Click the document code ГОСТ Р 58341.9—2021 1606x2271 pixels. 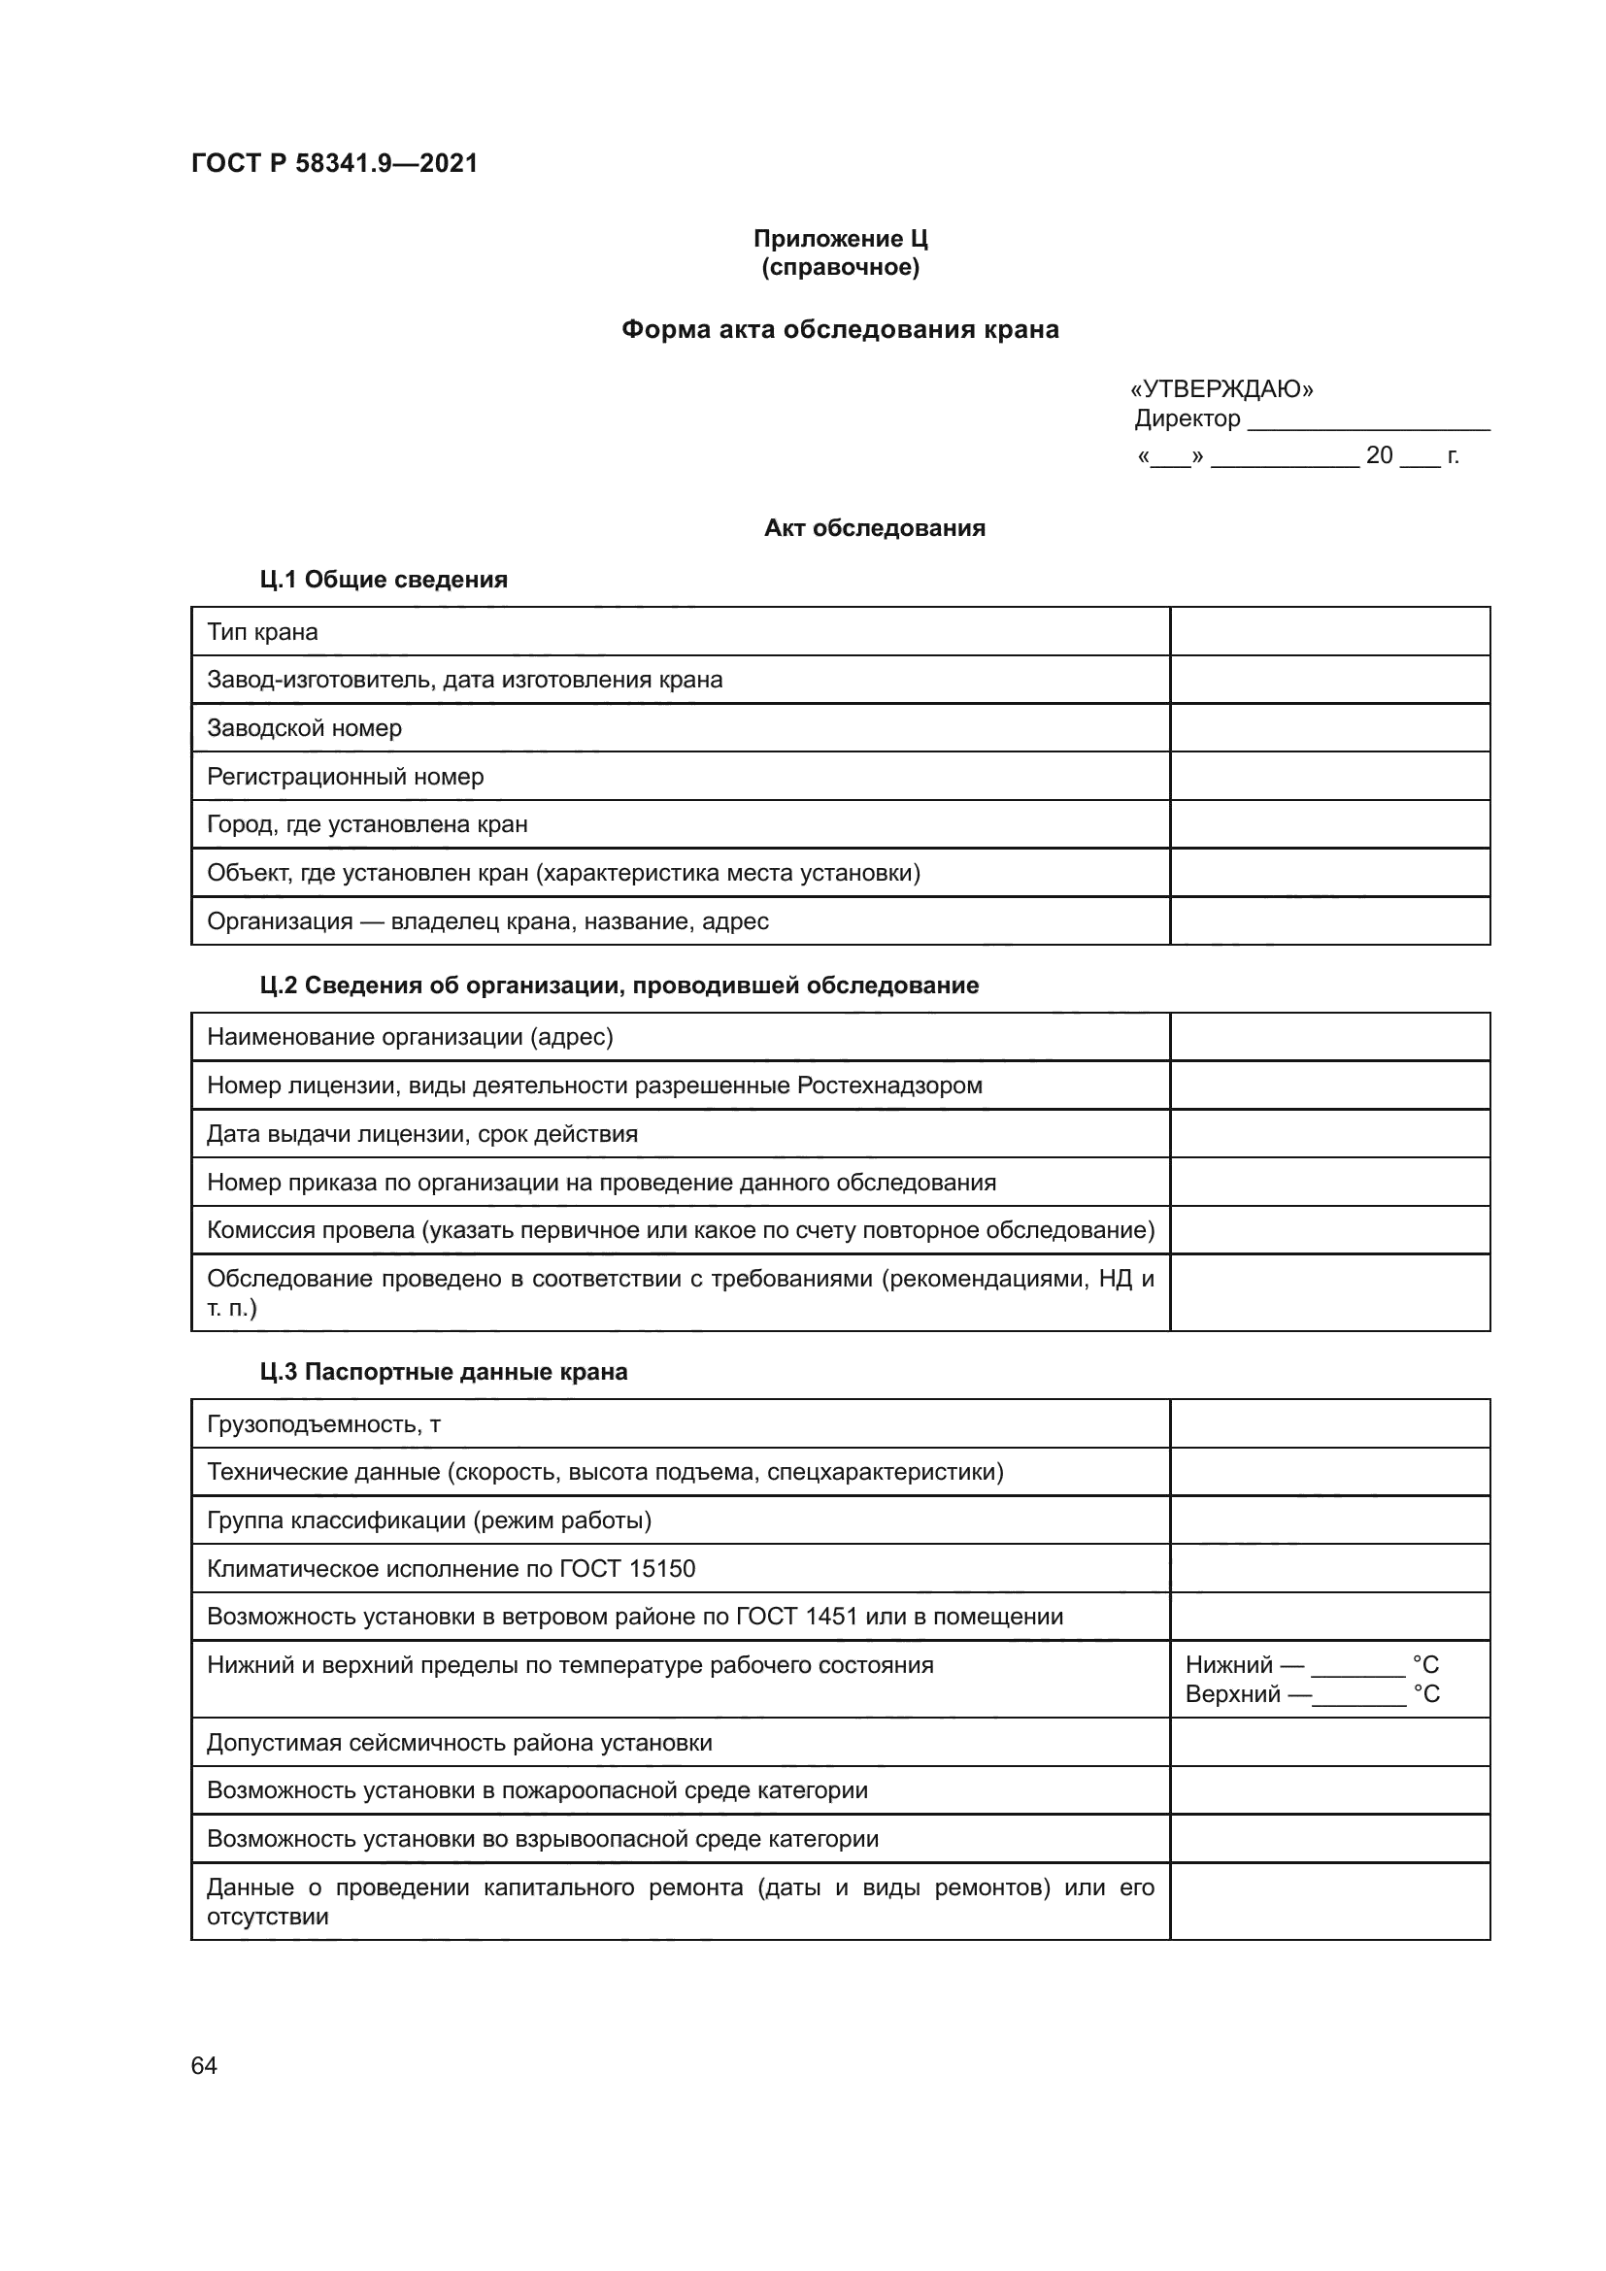pyautogui.click(x=334, y=163)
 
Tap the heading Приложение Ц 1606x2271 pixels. pyautogui.click(x=840, y=239)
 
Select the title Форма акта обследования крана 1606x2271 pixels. pyautogui.click(x=840, y=329)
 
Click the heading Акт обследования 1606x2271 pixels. pyautogui.click(x=874, y=528)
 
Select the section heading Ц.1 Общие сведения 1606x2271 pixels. pyautogui.click(x=384, y=580)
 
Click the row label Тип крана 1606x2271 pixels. pyautogui.click(x=262, y=632)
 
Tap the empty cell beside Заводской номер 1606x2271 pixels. pyautogui.click(x=1329, y=728)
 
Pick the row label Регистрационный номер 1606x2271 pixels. pyautogui.click(x=345, y=777)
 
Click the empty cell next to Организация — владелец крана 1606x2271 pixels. pyautogui.click(x=1329, y=920)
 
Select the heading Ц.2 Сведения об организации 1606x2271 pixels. pyautogui.click(x=619, y=985)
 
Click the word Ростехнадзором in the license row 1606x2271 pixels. pyautogui.click(x=889, y=1086)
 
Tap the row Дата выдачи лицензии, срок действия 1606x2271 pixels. pyautogui.click(x=422, y=1134)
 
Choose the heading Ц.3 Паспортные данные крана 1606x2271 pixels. pyautogui.click(x=443, y=1372)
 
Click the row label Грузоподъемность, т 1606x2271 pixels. pyautogui.click(x=323, y=1424)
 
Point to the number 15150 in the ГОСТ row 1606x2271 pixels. pyautogui.click(x=661, y=1569)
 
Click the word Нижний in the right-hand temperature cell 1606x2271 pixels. pyautogui.click(x=1228, y=1666)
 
